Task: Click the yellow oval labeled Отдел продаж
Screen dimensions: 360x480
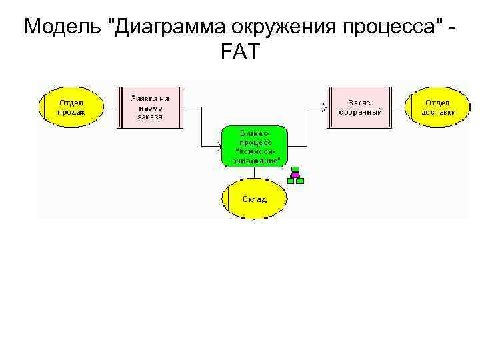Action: (71, 107)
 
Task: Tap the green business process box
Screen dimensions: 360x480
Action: (254, 146)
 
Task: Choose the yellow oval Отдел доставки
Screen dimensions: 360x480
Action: (438, 107)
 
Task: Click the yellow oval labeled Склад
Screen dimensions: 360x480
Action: (254, 199)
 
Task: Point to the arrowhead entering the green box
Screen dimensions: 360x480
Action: (219, 146)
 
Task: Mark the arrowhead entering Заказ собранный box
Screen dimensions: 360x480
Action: (324, 107)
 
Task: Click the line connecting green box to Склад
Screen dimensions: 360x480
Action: (254, 173)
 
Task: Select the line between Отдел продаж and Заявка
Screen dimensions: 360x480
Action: (110, 107)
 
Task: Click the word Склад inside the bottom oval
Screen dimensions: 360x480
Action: (254, 199)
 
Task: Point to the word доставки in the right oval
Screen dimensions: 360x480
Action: (439, 112)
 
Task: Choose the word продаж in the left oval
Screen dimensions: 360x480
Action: (71, 112)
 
